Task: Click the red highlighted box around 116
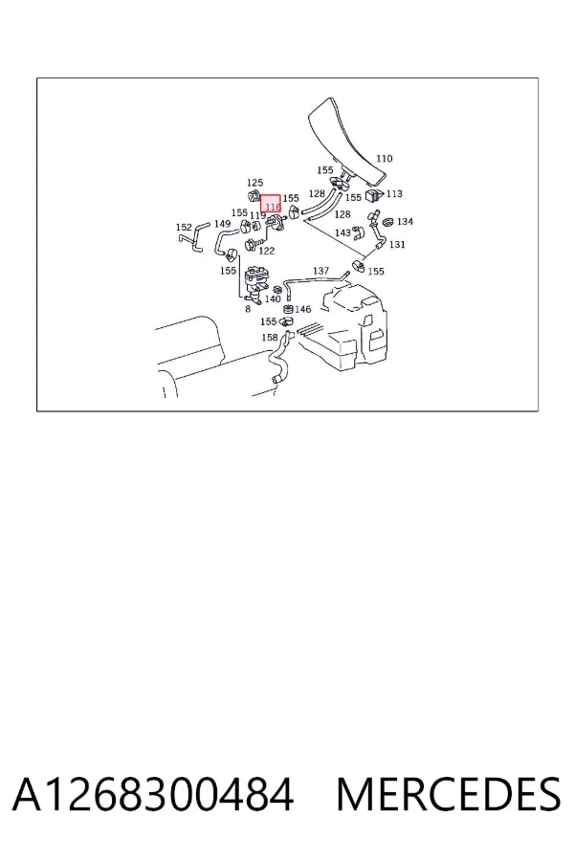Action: click(x=271, y=204)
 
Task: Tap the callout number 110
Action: click(x=384, y=159)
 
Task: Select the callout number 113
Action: click(x=394, y=194)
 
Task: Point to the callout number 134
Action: click(x=405, y=221)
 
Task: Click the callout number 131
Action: click(x=397, y=244)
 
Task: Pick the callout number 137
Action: click(x=320, y=271)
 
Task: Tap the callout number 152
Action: click(x=184, y=228)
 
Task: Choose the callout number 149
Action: click(x=223, y=224)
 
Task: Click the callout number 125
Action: click(x=254, y=183)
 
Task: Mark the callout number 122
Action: click(x=266, y=251)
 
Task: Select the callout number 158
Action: click(x=270, y=338)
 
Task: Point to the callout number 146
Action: click(x=303, y=309)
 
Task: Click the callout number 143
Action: click(x=342, y=232)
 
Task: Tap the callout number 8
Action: click(x=248, y=309)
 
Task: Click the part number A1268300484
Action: click(x=153, y=795)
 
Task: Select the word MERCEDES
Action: click(x=449, y=795)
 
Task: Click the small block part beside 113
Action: click(x=375, y=195)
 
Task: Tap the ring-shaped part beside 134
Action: click(x=387, y=222)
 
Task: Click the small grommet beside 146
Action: click(x=288, y=309)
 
